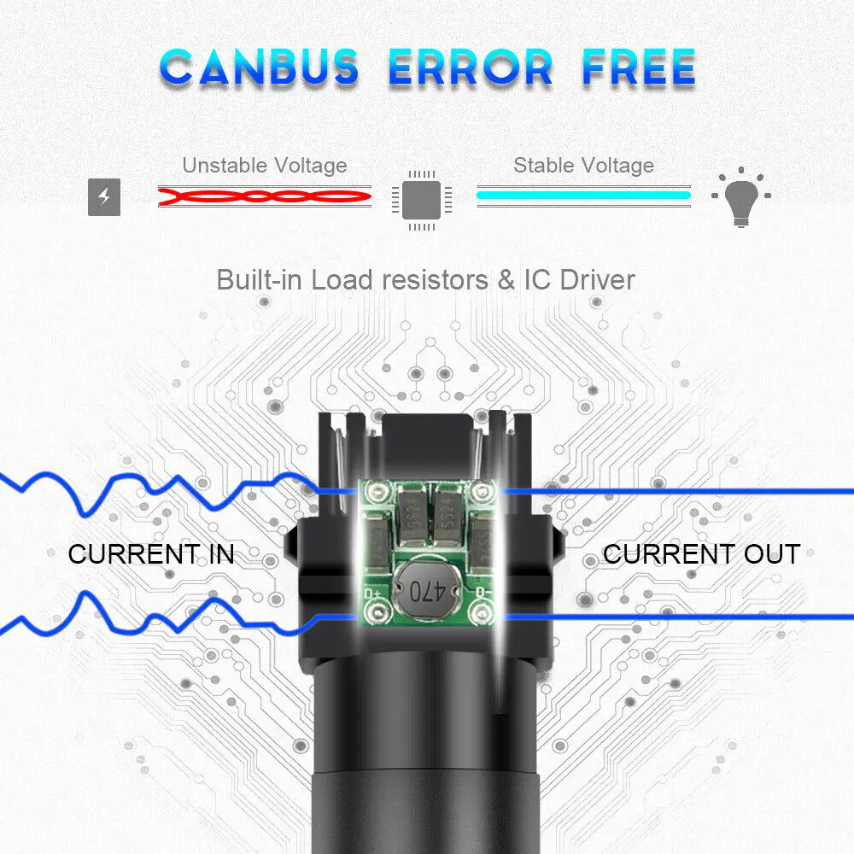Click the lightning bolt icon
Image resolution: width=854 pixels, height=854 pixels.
coord(104,198)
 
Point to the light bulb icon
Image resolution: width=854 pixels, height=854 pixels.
coord(740,198)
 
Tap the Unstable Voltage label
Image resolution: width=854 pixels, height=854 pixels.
coord(265,165)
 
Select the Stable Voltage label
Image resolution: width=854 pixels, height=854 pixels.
coord(583,165)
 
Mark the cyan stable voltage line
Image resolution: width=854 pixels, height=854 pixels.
coord(583,196)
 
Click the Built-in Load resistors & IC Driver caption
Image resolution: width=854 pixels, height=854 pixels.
coord(425,279)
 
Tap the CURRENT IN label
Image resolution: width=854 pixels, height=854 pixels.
coord(150,553)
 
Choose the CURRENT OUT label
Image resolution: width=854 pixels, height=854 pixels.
coord(701,553)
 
